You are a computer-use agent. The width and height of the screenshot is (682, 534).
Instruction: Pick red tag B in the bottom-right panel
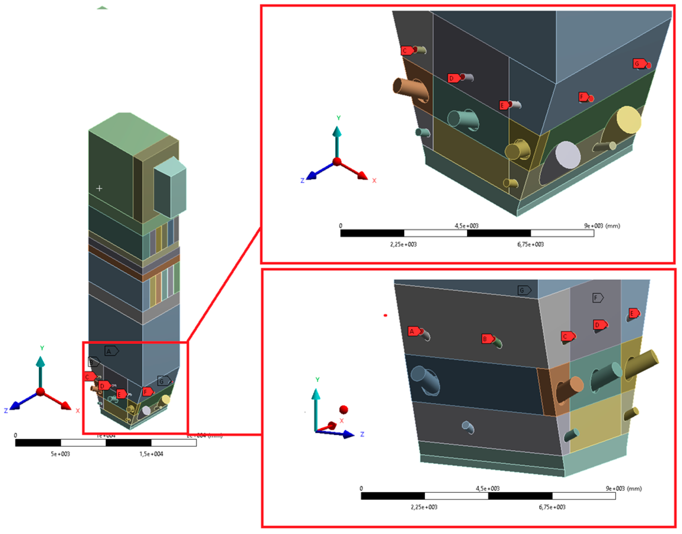[487, 339]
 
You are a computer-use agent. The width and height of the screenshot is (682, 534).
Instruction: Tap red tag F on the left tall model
[147, 391]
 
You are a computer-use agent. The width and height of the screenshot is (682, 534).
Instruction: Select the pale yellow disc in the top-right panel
[629, 120]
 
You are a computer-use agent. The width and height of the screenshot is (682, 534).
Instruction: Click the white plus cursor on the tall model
[99, 188]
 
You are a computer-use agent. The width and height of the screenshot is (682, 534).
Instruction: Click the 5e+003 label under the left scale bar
[60, 454]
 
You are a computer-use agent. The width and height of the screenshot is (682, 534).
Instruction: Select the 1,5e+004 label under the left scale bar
[151, 454]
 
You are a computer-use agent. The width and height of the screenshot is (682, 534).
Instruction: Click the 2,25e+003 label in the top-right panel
[403, 244]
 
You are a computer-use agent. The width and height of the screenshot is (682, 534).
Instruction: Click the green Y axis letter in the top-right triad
[338, 118]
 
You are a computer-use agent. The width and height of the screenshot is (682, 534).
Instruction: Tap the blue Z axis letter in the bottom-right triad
[362, 434]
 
